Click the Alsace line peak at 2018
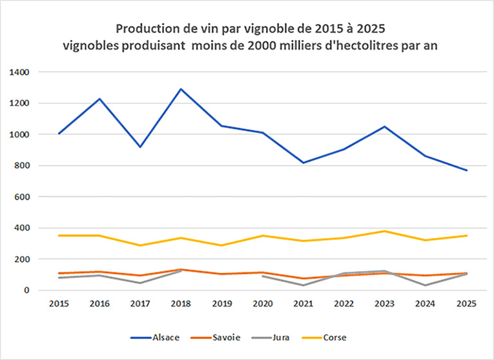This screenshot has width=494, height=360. tap(181, 89)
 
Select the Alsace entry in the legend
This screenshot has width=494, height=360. tap(161, 336)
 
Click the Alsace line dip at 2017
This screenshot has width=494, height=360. tap(141, 147)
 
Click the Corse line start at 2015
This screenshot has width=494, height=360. tap(59, 235)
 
